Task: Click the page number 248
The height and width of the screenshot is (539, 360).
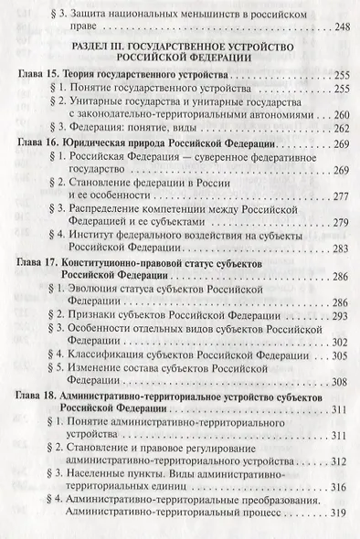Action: [337, 26]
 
